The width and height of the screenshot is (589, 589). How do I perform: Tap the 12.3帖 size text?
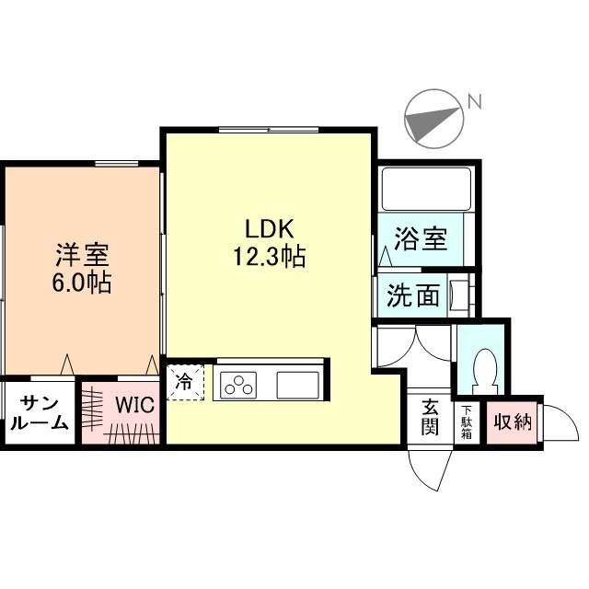pos(269,257)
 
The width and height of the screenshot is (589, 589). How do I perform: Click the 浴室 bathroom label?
pos(421,240)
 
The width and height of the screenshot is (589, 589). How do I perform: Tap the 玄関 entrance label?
pos(430,418)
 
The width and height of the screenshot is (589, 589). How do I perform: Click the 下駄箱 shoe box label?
pos(467,422)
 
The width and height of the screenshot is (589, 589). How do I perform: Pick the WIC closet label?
pos(133,404)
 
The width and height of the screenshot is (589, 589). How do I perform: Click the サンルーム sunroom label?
pos(38,412)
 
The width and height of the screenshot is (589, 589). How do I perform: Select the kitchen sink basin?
pos(297,384)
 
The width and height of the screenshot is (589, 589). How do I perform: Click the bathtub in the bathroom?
pos(426,189)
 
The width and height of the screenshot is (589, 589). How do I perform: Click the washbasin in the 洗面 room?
pos(460,294)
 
